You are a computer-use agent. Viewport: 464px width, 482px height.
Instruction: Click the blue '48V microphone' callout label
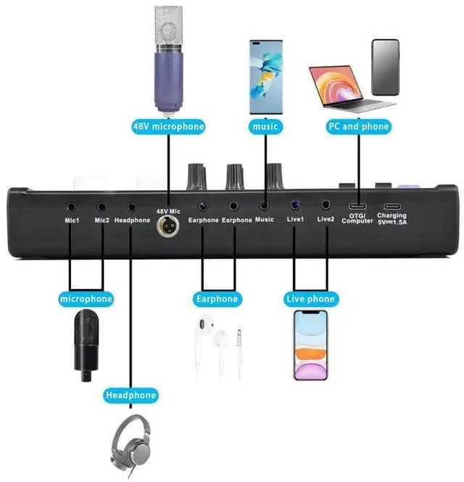coord(168,126)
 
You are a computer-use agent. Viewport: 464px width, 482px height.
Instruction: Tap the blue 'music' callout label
coord(265,126)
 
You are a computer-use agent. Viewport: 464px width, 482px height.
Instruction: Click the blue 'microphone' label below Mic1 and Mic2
coord(87,298)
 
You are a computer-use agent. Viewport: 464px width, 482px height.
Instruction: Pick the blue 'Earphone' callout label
coord(217,298)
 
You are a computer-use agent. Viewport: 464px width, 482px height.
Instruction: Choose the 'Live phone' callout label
coord(310,298)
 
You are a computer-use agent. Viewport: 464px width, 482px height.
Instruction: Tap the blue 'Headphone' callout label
coord(130,395)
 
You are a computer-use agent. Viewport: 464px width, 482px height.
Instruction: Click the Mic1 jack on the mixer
coord(72,207)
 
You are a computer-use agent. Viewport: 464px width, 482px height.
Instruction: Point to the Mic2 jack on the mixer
coord(102,207)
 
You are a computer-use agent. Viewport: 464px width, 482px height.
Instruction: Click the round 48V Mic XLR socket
coord(168,227)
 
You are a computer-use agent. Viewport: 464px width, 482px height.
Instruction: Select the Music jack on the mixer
coord(265,207)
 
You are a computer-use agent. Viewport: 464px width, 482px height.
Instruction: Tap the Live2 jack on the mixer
coord(326,207)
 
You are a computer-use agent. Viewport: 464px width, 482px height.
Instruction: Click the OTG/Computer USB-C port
coord(357,206)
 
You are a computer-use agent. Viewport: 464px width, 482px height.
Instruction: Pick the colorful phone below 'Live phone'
coord(310,346)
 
